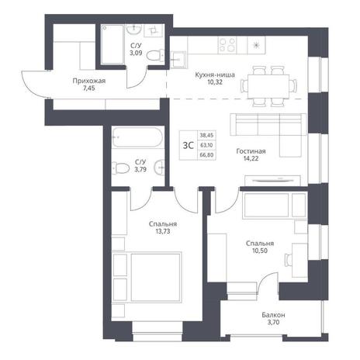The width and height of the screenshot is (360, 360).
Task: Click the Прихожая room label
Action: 89,81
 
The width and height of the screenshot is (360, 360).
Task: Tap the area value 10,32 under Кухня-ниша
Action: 215,82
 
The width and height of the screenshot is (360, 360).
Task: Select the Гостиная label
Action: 251,151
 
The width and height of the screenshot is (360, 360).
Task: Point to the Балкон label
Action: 273,315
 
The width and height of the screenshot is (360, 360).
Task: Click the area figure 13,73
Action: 163,231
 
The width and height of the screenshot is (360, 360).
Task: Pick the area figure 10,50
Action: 260,251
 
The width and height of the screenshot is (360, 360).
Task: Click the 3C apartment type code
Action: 189,146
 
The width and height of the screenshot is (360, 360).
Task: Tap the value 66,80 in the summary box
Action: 206,155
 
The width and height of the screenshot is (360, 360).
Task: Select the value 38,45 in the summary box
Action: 206,135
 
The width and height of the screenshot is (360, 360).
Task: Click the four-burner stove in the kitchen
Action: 227,45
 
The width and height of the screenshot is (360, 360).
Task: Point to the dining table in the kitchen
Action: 268,86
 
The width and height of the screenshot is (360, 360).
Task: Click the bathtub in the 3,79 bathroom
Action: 137,138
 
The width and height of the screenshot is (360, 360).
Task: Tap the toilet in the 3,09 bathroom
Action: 154,55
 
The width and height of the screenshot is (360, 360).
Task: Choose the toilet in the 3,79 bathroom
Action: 120,168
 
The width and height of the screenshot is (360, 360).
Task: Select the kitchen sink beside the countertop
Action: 178,60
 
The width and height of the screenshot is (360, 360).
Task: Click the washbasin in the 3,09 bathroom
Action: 133,29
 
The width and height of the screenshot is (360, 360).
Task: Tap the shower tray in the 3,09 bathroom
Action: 112,44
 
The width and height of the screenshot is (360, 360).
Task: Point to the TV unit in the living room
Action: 272,180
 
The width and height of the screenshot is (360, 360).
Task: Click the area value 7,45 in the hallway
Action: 89,88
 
